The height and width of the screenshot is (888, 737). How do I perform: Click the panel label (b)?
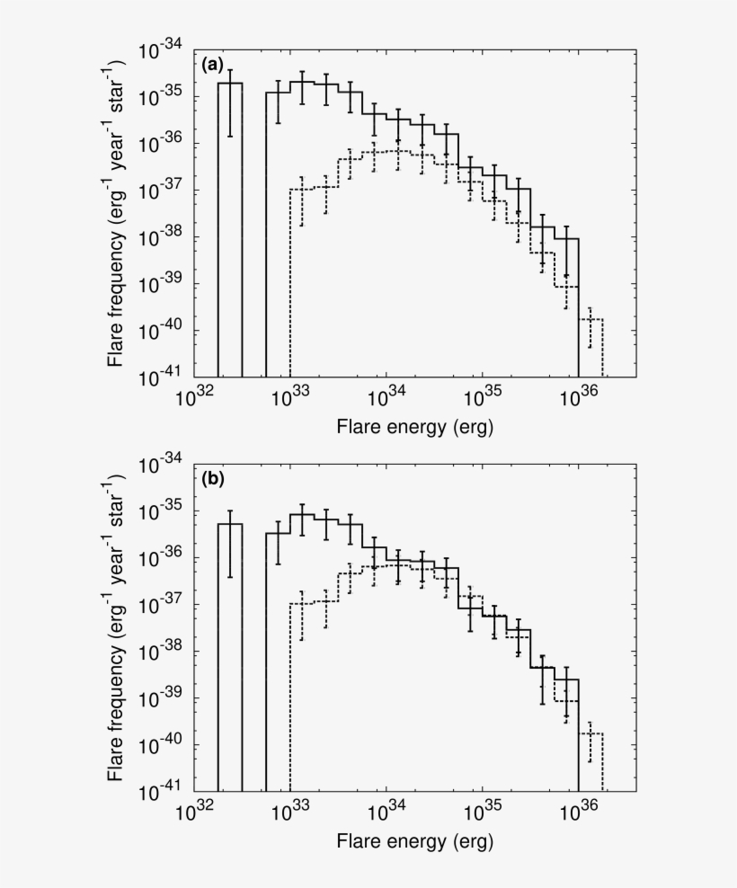pos(211,479)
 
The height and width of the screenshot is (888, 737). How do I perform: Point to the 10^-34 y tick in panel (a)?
pos(161,51)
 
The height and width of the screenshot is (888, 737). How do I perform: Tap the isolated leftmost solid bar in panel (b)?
pos(230,656)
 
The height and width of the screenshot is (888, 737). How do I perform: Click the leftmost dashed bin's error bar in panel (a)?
pos(302,200)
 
